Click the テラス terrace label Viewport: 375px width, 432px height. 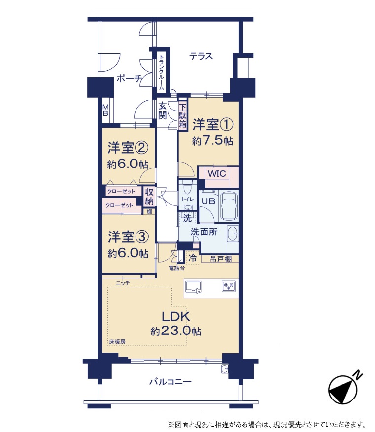click(201, 56)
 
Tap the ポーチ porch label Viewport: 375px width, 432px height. click(129, 78)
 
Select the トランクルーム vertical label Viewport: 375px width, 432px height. click(161, 71)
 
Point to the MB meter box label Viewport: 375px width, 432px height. click(105, 110)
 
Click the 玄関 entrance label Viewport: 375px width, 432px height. click(163, 110)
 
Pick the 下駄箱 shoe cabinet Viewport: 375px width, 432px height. click(182, 115)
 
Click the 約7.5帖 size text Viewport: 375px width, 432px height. click(212, 141)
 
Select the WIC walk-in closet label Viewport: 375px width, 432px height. click(217, 174)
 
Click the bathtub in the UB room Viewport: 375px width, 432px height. click(229, 206)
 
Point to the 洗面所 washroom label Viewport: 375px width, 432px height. click(204, 232)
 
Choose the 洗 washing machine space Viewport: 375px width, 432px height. click(187, 218)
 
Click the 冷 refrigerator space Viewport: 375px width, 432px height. click(193, 258)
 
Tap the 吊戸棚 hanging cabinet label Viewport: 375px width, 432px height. click(221, 259)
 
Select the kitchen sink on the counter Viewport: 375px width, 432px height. click(193, 287)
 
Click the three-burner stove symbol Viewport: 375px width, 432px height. click(229, 286)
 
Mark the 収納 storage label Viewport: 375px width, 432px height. click(149, 197)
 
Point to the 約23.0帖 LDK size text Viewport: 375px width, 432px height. click(175, 331)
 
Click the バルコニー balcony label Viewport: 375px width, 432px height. click(170, 382)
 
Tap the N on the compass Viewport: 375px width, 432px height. click(358, 374)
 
